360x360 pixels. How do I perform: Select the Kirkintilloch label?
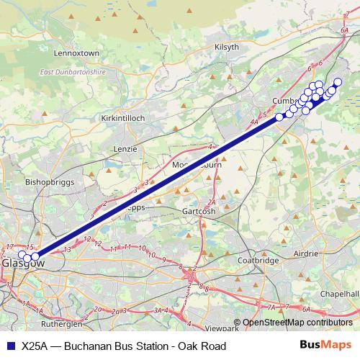click(x=124, y=117)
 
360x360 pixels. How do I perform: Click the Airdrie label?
click(x=322, y=255)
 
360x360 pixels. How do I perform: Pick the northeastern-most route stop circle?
click(x=338, y=82)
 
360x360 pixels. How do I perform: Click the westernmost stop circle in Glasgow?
click(x=22, y=254)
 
